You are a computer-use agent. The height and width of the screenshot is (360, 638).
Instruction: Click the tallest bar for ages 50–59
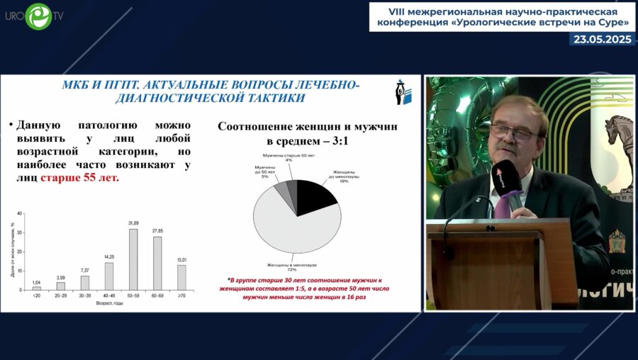pos(133,259)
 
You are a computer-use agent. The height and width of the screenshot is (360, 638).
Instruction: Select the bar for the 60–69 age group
pos(157,263)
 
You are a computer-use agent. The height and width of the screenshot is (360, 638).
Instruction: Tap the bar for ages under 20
pos(37,288)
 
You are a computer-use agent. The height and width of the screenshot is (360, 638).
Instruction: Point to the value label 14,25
pos(108,257)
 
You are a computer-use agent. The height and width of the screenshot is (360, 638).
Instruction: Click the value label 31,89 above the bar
pos(133,223)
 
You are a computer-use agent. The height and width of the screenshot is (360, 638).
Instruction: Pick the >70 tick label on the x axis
pos(181,295)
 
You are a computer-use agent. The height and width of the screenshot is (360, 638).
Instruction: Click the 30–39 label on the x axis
pos(84,295)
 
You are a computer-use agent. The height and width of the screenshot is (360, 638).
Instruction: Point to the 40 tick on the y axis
pos(20,214)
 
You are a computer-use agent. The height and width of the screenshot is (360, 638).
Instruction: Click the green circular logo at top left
pos(38,16)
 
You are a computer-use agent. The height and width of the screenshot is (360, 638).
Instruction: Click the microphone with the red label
pos(505,177)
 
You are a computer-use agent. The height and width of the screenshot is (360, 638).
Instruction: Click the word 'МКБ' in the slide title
pos(78,86)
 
